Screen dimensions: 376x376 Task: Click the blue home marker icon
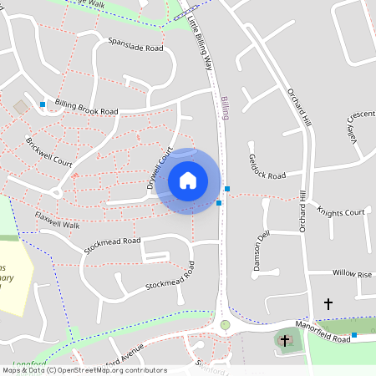pos(188,180)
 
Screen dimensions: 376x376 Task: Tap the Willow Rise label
pos(353,273)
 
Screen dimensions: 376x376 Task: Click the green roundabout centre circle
pos(225,324)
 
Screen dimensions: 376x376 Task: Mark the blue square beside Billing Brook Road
pos(43,104)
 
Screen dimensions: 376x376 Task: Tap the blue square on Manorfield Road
pos(354,335)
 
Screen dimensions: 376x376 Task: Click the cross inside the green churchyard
pos(286,340)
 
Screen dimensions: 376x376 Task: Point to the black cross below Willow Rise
pos(328,303)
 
